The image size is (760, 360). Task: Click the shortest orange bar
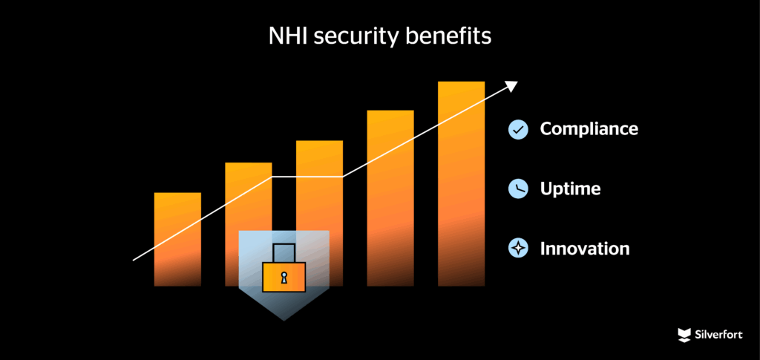[177, 239]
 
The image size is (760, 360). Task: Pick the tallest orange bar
[461, 183]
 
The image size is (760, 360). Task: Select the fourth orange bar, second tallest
[390, 198]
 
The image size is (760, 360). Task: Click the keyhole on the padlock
[284, 278]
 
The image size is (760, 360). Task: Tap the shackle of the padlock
[284, 253]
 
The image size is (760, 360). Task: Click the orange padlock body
[284, 277]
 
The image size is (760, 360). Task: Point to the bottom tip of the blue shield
[284, 320]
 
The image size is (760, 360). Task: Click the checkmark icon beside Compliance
[517, 129]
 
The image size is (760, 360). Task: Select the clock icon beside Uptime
[517, 189]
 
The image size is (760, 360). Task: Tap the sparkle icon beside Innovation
[517, 248]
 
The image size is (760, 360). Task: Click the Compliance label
[589, 129]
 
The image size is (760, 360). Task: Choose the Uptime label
[571, 189]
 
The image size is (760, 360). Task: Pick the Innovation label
[585, 249]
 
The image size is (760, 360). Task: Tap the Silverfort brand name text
[718, 335]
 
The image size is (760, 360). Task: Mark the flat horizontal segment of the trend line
[307, 177]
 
